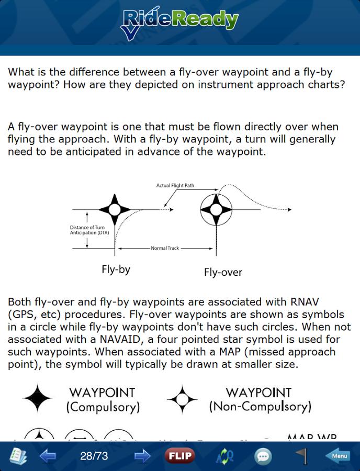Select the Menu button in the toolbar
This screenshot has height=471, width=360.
(x=340, y=456)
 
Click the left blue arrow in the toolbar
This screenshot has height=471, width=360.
(x=48, y=456)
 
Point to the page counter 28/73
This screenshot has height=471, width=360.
(x=94, y=456)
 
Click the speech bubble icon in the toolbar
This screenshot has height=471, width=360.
(x=263, y=456)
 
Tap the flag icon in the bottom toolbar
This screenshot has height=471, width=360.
(x=302, y=456)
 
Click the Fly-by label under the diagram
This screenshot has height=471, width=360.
(x=116, y=270)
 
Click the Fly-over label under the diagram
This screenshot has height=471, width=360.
(x=223, y=272)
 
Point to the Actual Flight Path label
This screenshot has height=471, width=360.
(x=179, y=186)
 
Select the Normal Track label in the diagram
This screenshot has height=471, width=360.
(x=165, y=248)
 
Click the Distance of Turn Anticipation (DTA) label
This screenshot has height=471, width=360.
(x=87, y=230)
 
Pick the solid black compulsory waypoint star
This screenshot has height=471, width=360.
(x=37, y=399)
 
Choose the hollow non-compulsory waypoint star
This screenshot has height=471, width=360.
(x=182, y=399)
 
